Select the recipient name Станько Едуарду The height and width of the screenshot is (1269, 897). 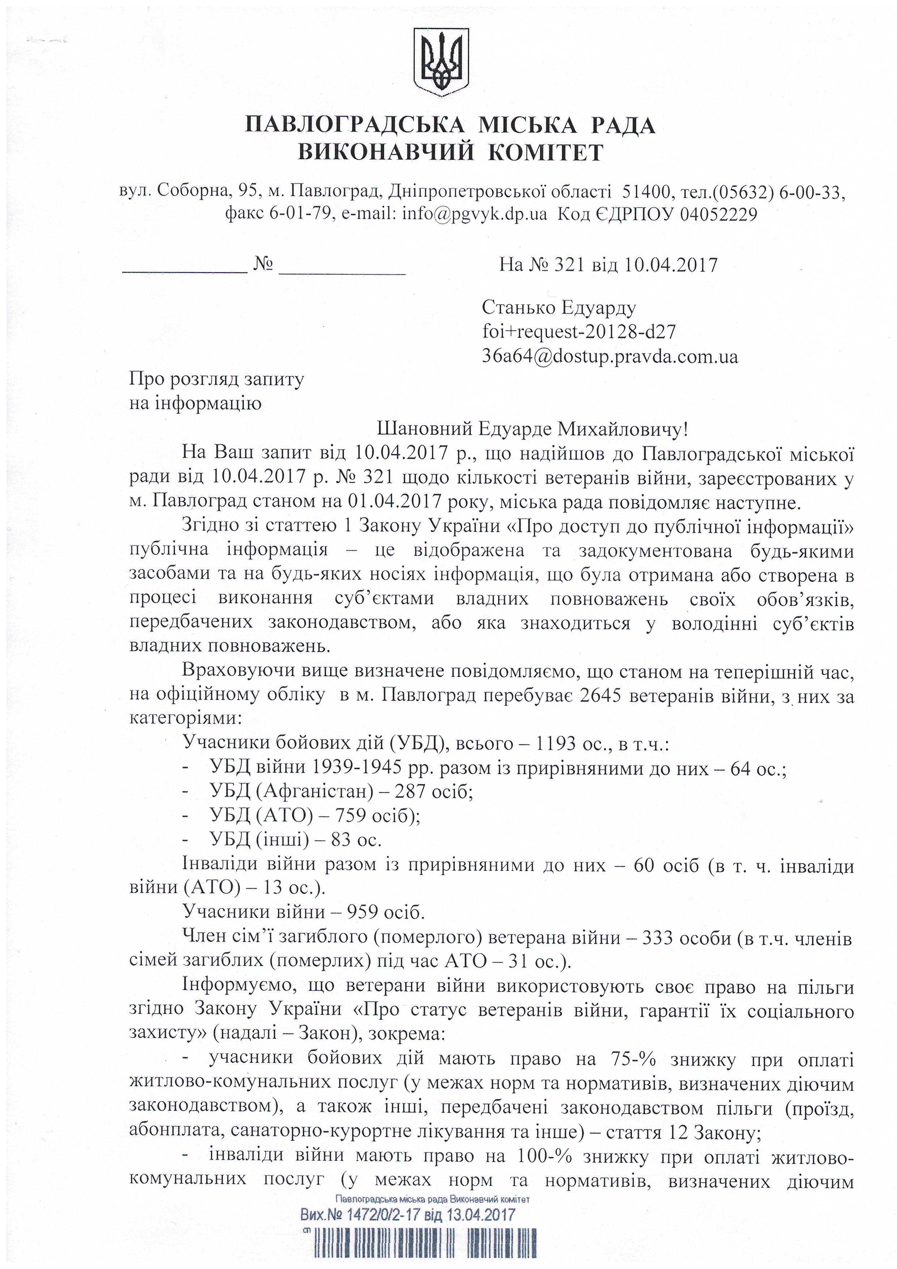[559, 307]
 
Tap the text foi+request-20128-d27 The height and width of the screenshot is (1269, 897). [579, 332]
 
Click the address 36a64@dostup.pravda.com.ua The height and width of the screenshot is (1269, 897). [610, 356]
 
